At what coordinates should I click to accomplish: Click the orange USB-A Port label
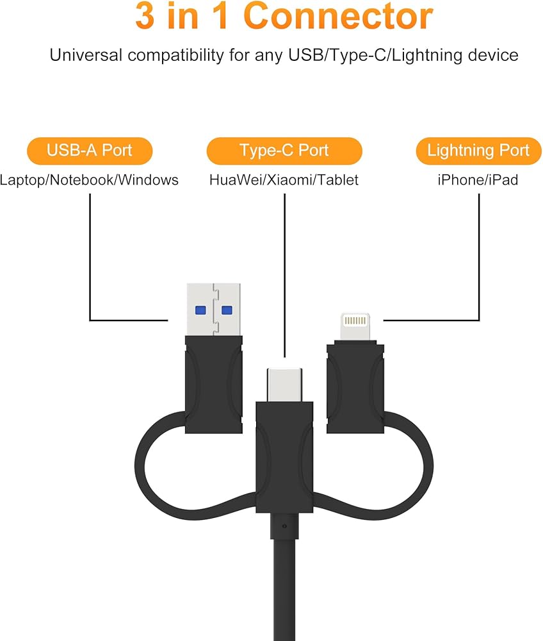[89, 151]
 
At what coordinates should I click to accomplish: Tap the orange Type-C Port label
[284, 151]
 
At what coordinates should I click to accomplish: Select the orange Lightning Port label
[478, 151]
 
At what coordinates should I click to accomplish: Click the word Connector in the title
[339, 17]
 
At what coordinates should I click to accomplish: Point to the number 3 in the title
[145, 17]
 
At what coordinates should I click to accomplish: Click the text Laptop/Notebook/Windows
[89, 180]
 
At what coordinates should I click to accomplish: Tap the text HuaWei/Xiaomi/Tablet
[284, 180]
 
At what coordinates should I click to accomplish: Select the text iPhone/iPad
[478, 180]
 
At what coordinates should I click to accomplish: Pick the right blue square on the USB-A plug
[226, 310]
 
